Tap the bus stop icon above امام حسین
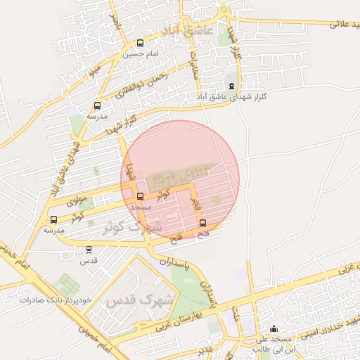click(x=140, y=43)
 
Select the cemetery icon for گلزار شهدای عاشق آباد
click(x=233, y=86)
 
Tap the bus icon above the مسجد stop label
click(x=140, y=196)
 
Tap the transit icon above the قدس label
click(x=89, y=249)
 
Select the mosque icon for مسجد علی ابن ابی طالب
click(x=274, y=328)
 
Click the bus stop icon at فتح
click(x=203, y=224)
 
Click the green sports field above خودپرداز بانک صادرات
click(x=67, y=285)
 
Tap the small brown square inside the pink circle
click(x=216, y=201)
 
